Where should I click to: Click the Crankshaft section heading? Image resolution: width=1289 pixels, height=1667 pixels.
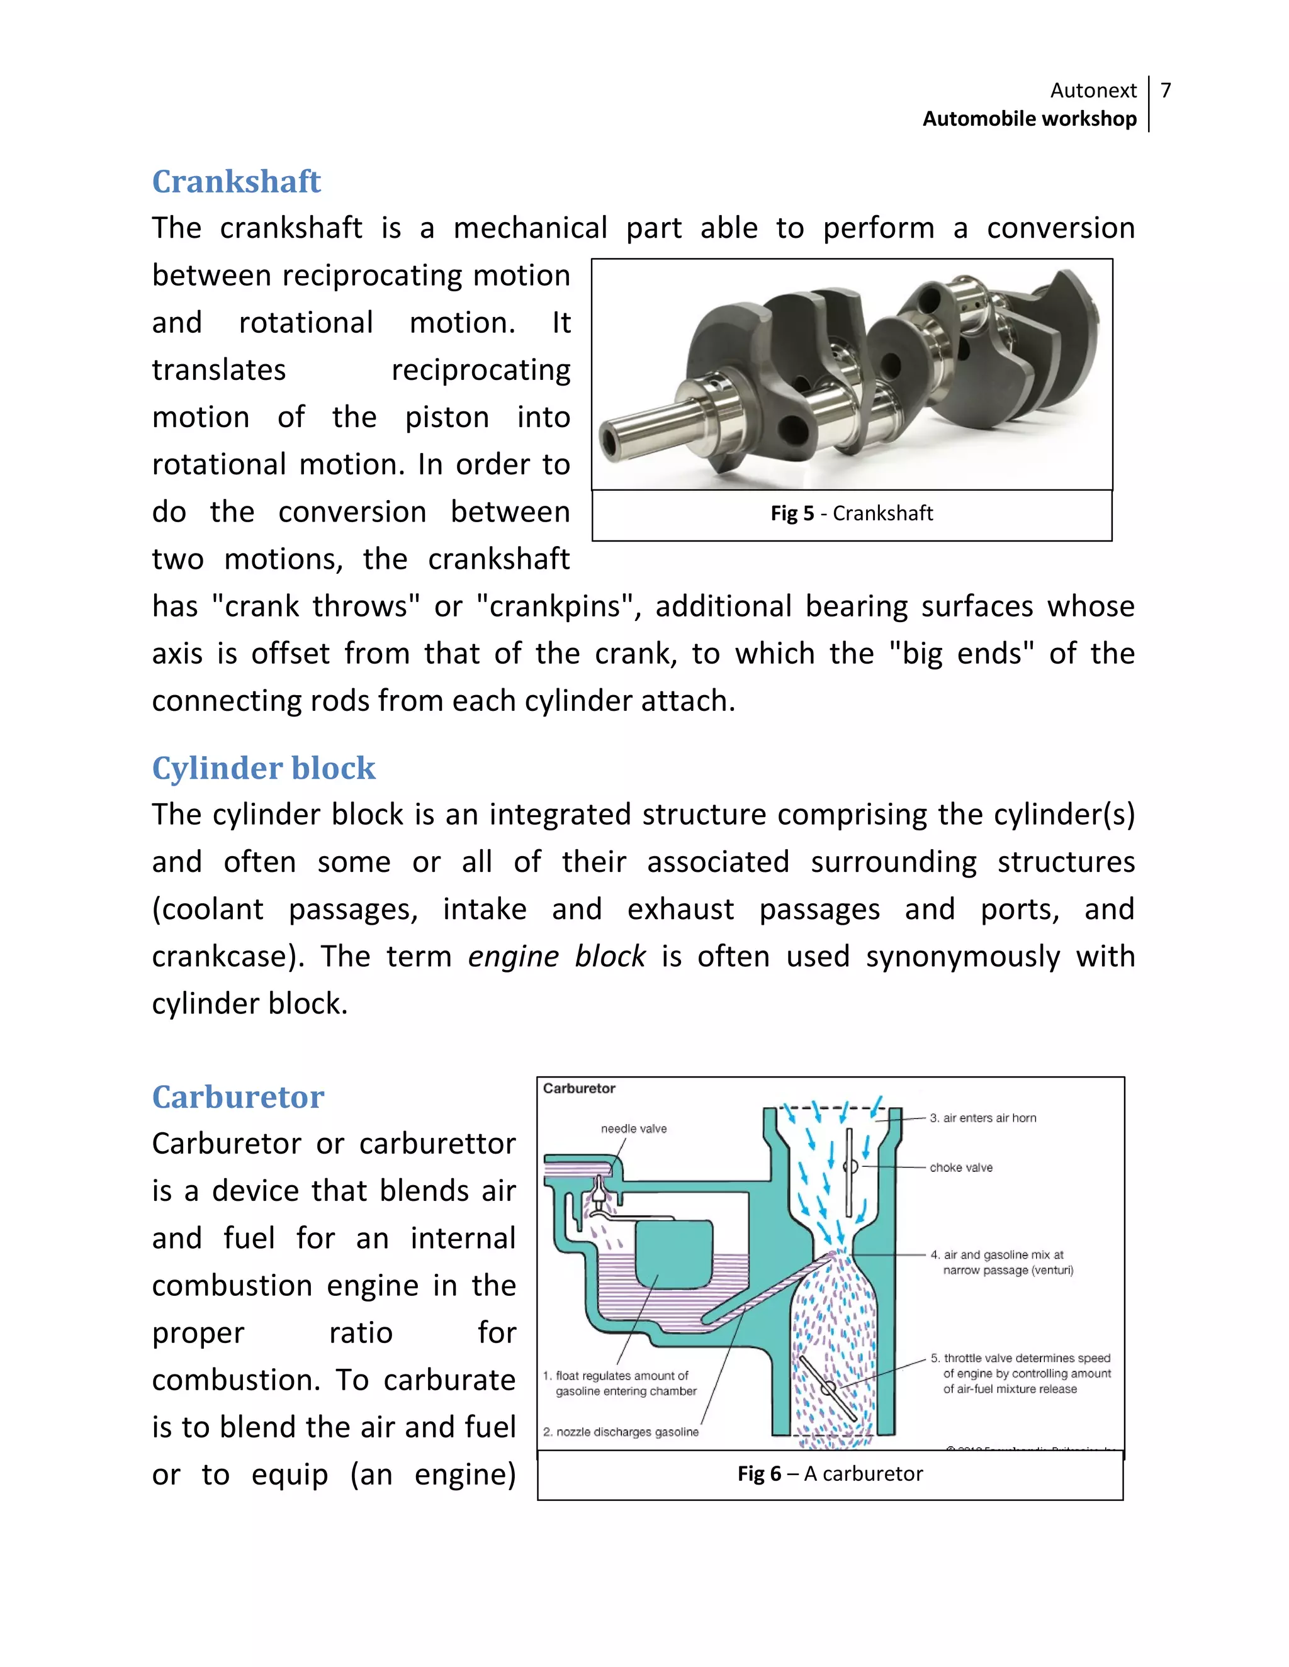click(236, 182)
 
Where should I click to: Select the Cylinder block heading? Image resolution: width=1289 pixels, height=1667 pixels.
click(264, 768)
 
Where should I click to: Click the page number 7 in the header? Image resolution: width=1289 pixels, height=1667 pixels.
click(1165, 91)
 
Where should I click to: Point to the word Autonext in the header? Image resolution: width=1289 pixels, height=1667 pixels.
click(1093, 91)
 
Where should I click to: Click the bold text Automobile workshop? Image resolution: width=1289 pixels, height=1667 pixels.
click(1028, 119)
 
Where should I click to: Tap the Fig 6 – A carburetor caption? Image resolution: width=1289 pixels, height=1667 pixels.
click(830, 1474)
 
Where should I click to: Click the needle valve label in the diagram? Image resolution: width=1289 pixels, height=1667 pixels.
click(633, 1129)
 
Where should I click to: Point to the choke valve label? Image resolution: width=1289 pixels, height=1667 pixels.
click(960, 1168)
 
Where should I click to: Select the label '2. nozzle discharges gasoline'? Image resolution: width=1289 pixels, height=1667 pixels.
click(620, 1432)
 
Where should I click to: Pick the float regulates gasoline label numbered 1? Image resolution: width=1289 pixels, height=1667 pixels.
click(619, 1383)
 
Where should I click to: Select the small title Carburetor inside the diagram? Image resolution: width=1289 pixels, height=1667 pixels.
click(579, 1088)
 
